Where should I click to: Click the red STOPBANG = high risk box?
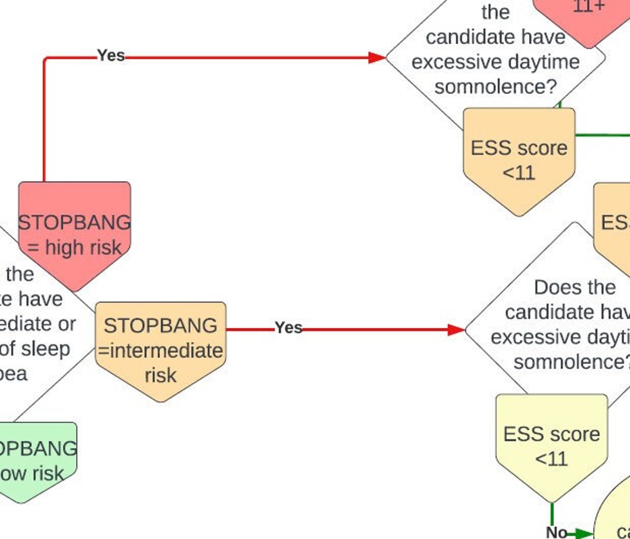coord(74,234)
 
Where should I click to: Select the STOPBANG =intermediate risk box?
coord(160,350)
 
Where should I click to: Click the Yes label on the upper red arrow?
coord(111,55)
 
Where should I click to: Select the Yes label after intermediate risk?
coord(288,328)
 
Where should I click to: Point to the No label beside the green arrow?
coord(556,532)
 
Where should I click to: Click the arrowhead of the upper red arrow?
coord(377,57)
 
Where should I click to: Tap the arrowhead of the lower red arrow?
coord(456,330)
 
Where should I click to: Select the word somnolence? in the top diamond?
coord(496,87)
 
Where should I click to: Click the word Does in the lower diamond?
coord(553,287)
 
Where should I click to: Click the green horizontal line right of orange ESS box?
coord(601,135)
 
